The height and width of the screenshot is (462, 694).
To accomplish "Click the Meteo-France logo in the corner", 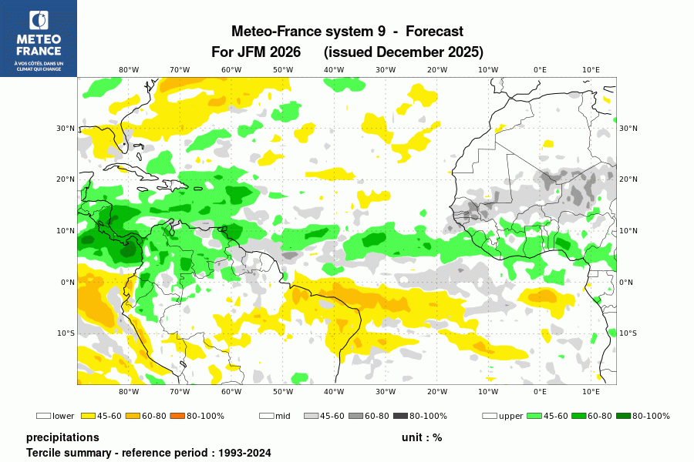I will click(39, 38).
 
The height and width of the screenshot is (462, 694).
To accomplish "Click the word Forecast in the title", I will click(434, 32).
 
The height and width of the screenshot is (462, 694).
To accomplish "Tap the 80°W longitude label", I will click(128, 69).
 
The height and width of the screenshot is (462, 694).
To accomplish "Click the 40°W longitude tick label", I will click(334, 69).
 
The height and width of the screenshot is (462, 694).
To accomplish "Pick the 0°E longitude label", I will click(540, 69).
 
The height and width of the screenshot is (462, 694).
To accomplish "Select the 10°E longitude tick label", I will click(591, 69).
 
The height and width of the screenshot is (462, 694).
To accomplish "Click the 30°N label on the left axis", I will click(66, 129).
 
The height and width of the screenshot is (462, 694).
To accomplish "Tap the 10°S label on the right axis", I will click(628, 333).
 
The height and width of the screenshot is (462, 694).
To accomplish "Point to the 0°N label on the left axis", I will click(67, 283).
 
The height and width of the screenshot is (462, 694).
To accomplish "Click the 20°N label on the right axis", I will click(628, 179).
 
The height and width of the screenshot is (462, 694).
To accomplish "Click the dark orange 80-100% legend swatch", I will click(170, 416).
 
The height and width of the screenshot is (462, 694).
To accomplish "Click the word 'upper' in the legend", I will click(510, 417).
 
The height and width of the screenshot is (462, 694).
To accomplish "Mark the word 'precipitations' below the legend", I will click(62, 437).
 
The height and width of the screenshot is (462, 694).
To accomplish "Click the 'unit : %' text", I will click(421, 437).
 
